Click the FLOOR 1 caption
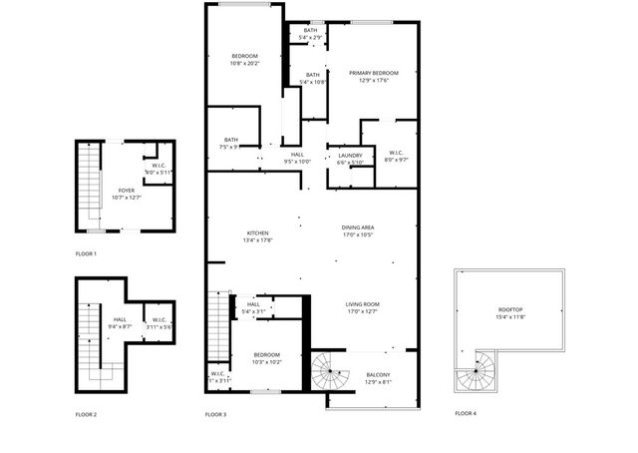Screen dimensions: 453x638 [86, 253]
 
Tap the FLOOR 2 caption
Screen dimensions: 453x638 [86, 413]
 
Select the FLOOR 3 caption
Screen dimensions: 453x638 [215, 413]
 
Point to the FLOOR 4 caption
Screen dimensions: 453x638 [466, 413]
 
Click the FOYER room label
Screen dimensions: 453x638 [127, 190]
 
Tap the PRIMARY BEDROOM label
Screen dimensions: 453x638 [374, 73]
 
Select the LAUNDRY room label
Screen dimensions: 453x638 [350, 155]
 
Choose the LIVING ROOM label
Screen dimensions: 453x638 [363, 304]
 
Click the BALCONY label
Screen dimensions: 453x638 [364, 374]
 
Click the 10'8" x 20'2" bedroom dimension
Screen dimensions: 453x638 [245, 63]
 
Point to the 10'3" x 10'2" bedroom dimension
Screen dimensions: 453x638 [266, 362]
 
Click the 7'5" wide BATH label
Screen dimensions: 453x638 [230, 140]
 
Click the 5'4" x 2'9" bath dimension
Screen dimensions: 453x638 [311, 38]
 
